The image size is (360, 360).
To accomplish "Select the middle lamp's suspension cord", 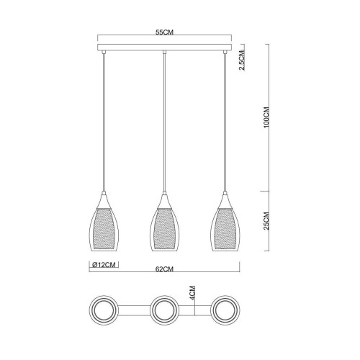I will pos(165,122).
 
